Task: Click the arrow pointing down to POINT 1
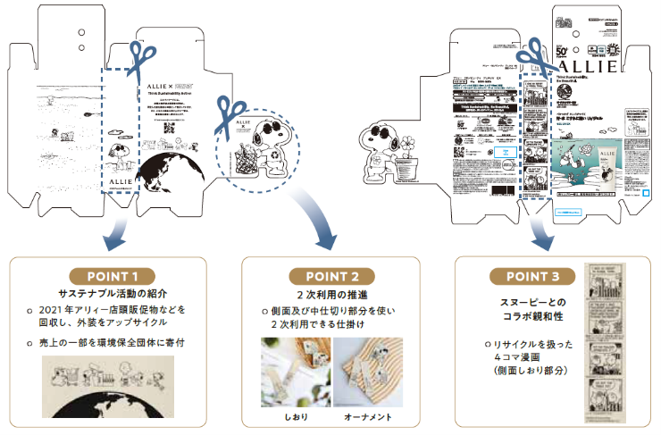pyautogui.click(x=113, y=234)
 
